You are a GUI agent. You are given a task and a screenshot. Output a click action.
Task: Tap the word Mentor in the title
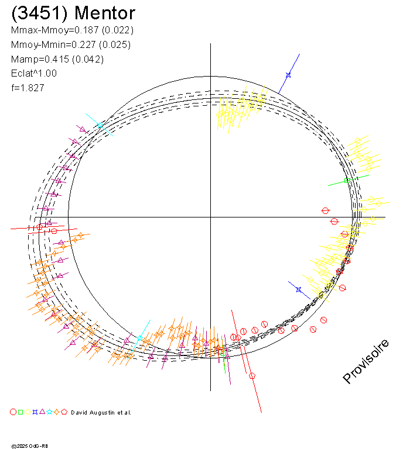[x=105, y=13]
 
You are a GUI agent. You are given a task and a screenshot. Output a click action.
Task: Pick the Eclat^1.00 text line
[x=34, y=74]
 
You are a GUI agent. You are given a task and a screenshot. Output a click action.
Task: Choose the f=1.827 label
[x=28, y=88]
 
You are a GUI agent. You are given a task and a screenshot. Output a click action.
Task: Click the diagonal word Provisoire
[x=366, y=361]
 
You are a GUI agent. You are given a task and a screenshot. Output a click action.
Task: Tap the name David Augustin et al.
[x=101, y=413]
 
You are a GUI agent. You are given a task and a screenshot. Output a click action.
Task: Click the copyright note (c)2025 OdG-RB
[x=30, y=445]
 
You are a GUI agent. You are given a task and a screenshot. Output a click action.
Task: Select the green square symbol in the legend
[x=21, y=412]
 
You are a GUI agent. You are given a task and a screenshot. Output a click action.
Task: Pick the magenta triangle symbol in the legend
[x=42, y=412]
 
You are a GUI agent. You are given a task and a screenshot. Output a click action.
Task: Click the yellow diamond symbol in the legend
[x=28, y=412]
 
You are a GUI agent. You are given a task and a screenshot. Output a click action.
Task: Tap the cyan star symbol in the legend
[x=50, y=412]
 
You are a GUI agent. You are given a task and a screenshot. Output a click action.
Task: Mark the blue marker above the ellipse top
[x=288, y=75]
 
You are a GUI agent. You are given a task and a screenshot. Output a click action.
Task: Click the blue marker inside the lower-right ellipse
[x=299, y=289]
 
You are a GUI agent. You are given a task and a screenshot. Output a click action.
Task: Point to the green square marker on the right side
[x=346, y=181]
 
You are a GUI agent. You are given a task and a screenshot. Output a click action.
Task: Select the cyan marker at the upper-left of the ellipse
[x=100, y=125]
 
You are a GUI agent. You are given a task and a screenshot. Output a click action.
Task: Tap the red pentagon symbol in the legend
[x=64, y=412]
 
